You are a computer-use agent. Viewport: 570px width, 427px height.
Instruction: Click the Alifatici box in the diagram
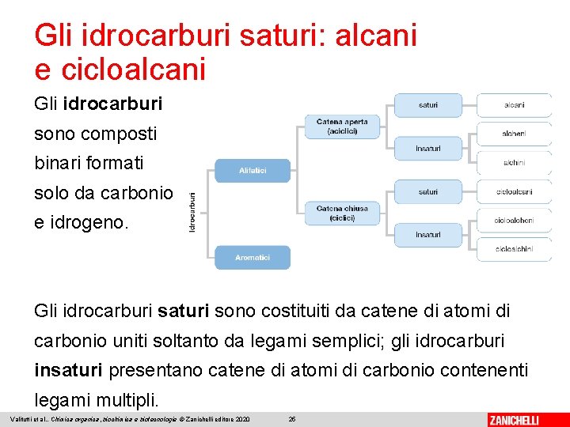click(253, 171)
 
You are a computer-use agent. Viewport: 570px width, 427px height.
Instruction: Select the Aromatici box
click(253, 258)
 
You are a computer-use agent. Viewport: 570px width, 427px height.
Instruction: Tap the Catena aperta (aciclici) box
click(342, 127)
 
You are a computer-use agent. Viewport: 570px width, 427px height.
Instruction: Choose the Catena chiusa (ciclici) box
click(342, 213)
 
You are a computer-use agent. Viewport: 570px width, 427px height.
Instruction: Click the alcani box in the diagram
click(514, 105)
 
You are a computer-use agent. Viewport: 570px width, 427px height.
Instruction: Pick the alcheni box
click(514, 134)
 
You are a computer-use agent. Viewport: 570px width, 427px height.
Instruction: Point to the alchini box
click(514, 163)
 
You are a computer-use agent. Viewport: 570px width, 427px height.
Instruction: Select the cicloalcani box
click(514, 191)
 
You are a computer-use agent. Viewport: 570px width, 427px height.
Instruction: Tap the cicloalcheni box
click(514, 221)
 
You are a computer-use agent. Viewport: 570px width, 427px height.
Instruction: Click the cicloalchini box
click(514, 249)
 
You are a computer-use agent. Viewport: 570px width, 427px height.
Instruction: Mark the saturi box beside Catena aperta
click(428, 105)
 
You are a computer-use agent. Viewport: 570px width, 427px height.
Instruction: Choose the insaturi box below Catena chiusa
click(428, 235)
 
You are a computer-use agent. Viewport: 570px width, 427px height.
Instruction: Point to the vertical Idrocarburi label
click(192, 213)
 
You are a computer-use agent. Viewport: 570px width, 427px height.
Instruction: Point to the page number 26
click(292, 418)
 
